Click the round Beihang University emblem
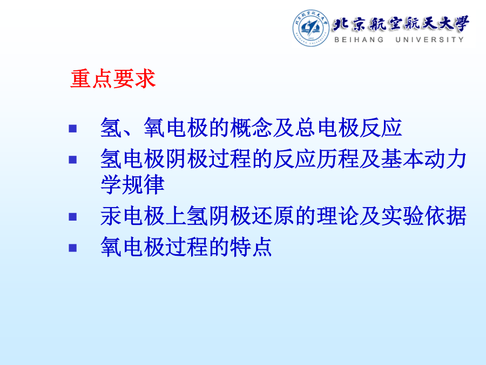311,28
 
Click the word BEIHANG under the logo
359,39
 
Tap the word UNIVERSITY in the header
430,39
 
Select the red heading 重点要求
113,79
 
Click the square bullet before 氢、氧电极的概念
73,129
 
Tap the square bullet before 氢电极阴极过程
73,160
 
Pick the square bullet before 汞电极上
73,217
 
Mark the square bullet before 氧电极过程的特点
73,248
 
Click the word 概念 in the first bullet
251,128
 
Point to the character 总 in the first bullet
305,128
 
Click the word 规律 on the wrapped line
143,185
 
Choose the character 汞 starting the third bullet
111,216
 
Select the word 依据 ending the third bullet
446,216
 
